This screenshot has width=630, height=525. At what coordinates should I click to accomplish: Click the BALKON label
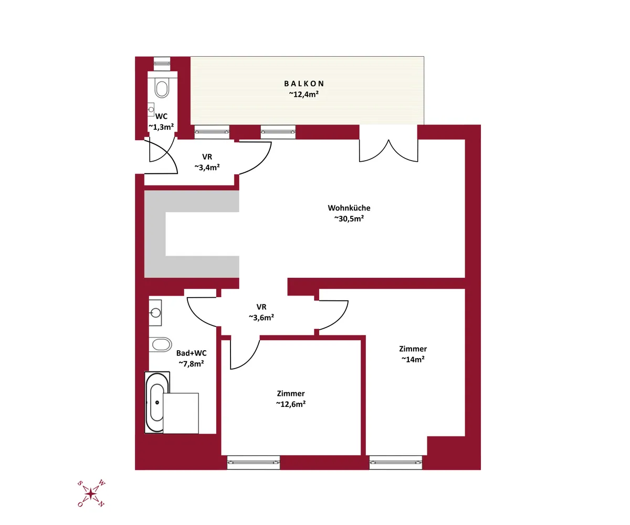[x=304, y=83]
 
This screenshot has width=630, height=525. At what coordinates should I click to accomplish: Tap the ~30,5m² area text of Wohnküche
[x=349, y=219]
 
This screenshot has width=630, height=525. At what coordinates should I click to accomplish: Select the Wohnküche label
[x=349, y=208]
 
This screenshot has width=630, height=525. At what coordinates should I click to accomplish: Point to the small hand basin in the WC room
[x=151, y=110]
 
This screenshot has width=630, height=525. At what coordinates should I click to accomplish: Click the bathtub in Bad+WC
[x=157, y=403]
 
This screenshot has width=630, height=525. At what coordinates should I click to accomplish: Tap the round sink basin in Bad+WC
[x=155, y=312]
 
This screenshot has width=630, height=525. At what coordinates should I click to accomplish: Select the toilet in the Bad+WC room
[x=161, y=344]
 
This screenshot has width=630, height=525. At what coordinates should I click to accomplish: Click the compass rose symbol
[x=91, y=493]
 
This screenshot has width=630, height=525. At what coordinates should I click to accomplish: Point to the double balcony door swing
[x=388, y=151]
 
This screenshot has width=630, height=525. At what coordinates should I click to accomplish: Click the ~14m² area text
[x=413, y=359]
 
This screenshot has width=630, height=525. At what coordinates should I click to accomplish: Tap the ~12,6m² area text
[x=291, y=404]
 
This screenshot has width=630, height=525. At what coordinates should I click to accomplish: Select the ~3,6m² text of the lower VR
[x=261, y=318]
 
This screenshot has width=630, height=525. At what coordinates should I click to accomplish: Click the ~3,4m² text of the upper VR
[x=207, y=167]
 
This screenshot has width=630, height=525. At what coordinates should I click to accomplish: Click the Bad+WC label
[x=191, y=353]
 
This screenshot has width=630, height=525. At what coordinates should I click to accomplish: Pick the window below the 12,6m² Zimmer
[x=254, y=462]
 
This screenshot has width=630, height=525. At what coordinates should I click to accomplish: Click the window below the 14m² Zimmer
[x=395, y=462]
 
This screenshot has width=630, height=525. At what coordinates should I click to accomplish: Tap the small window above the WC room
[x=162, y=64]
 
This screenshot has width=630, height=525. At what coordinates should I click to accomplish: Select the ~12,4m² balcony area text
[x=304, y=94]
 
